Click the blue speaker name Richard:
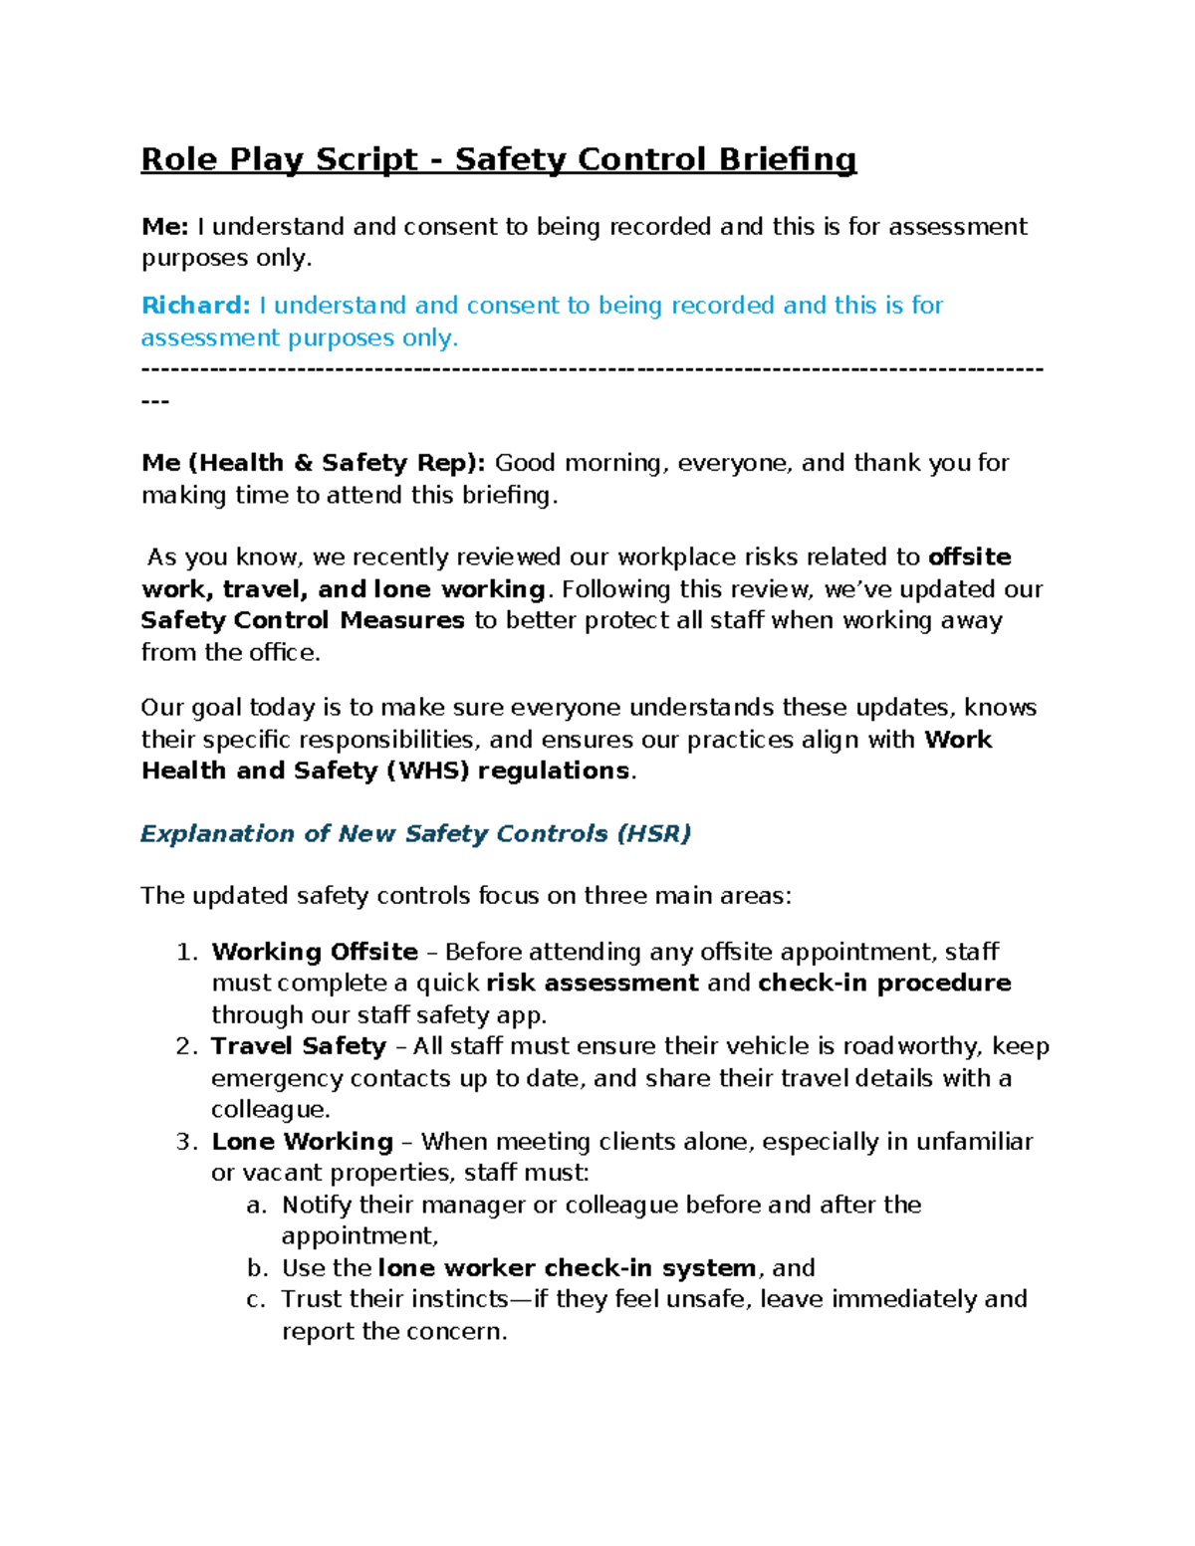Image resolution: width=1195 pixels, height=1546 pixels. [x=195, y=306]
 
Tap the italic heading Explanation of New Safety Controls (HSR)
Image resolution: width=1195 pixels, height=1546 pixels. [x=415, y=834]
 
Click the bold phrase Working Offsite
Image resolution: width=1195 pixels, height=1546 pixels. [x=315, y=952]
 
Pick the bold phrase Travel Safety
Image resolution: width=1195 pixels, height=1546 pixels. [x=299, y=1046]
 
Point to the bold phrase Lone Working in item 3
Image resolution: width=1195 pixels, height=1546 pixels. [x=303, y=1142]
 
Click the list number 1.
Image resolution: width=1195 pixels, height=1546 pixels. [x=186, y=952]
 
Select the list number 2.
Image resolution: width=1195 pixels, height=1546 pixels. [x=186, y=1046]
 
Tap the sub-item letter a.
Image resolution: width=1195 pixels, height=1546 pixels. [x=257, y=1206]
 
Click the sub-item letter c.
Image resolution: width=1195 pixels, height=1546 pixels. [x=256, y=1300]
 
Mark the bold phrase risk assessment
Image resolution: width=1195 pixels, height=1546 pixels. [x=592, y=984]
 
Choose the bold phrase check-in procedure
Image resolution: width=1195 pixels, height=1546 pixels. [x=884, y=984]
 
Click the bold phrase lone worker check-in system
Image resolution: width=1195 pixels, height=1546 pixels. [x=567, y=1268]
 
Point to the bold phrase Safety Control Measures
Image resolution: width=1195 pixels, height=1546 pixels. [x=303, y=621]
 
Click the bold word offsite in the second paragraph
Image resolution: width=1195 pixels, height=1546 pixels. [x=969, y=557]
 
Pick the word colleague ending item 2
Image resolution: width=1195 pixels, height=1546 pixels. [x=269, y=1110]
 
